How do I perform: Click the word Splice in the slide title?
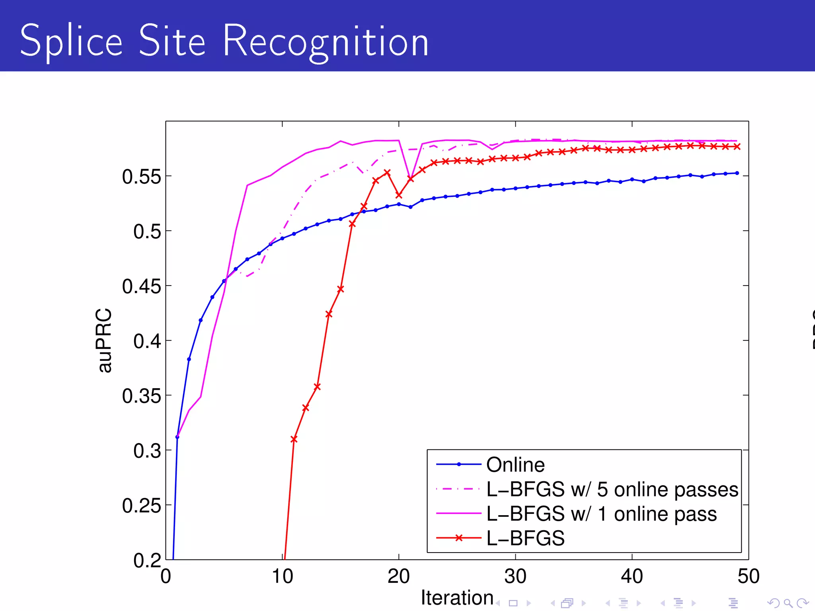[71, 41]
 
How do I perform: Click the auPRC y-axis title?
[104, 341]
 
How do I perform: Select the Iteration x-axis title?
[457, 597]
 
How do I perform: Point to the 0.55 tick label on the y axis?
[141, 177]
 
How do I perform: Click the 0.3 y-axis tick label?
[147, 451]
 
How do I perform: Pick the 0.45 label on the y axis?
[141, 286]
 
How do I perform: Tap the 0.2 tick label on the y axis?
[147, 560]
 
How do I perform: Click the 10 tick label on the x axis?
[282, 576]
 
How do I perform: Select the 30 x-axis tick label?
[515, 576]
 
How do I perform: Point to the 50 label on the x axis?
[748, 576]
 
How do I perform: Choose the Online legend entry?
[515, 465]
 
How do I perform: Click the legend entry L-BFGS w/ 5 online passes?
[612, 489]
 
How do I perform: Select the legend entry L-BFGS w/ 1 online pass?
[601, 514]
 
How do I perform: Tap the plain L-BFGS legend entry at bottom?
[525, 538]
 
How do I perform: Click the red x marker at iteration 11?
[294, 439]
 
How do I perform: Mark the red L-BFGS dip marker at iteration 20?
[399, 195]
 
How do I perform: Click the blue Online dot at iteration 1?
[177, 437]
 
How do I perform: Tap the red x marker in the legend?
[459, 538]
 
